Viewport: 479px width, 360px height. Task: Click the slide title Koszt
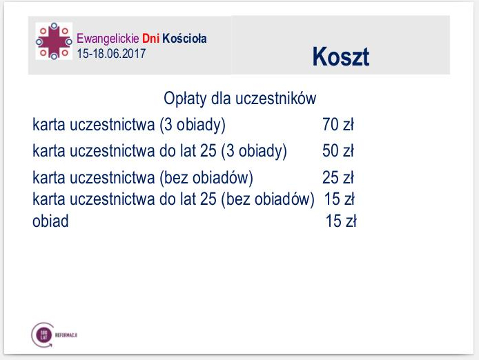(340, 56)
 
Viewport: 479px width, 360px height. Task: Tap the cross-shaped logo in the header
(53, 41)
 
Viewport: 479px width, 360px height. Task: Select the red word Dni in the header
(151, 39)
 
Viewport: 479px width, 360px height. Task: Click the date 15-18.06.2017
(112, 52)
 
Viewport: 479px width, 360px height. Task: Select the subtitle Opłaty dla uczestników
(239, 99)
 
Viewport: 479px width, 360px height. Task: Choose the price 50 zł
(338, 150)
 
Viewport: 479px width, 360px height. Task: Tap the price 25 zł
(338, 178)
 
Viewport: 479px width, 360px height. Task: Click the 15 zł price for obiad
(340, 222)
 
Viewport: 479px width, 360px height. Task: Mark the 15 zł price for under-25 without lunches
(339, 199)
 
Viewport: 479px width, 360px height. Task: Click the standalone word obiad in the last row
(50, 222)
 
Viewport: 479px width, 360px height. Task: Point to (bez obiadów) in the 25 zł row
(206, 178)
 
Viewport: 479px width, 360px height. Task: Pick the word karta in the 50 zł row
(50, 150)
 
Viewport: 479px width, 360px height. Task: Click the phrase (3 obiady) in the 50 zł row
(254, 150)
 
